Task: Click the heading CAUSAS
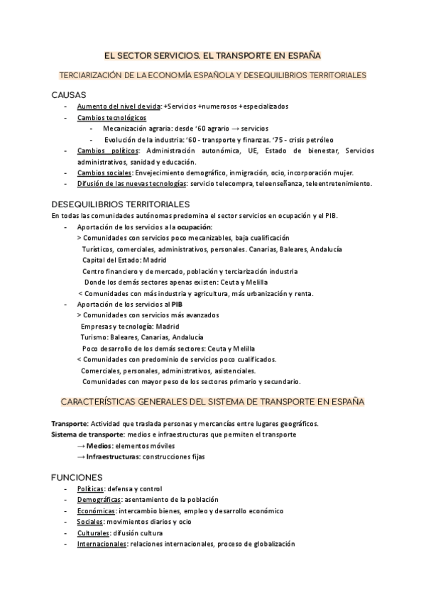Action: pos(69,94)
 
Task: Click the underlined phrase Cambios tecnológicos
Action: pos(111,117)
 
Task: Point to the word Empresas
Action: pos(97,326)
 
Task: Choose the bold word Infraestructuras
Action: pos(112,456)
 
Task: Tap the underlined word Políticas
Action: pos(89,488)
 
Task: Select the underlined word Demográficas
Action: pos(99,500)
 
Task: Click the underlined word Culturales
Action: pos(92,532)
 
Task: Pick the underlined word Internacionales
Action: pos(102,544)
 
